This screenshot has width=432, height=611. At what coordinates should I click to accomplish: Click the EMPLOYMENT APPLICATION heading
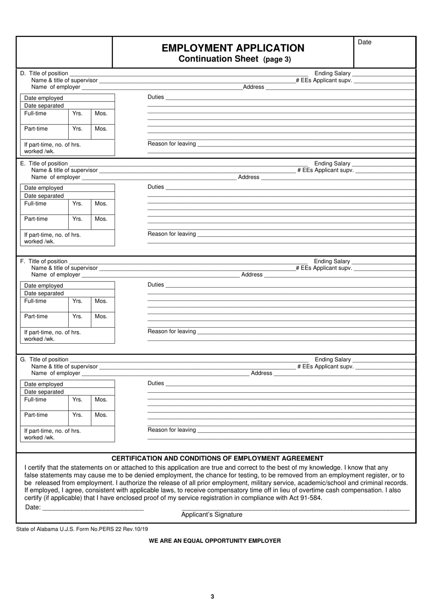tap(233, 48)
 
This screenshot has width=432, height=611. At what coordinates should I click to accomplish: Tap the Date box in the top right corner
tap(385, 52)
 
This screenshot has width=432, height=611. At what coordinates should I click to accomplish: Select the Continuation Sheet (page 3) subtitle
tap(235, 59)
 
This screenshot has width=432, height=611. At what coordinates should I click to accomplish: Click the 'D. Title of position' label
tap(44, 73)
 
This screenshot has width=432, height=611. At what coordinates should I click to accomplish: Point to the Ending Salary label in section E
tap(332, 164)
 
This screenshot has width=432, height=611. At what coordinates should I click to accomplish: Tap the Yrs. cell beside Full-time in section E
tap(78, 204)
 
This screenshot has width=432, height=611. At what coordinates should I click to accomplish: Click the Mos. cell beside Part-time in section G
tap(101, 415)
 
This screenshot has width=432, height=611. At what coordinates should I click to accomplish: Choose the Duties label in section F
tap(156, 285)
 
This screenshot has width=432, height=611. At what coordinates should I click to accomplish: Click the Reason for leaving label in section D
tap(171, 144)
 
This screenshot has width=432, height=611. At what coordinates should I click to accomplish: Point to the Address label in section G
tap(261, 373)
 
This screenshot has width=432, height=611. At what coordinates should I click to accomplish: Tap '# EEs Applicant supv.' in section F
tap(324, 268)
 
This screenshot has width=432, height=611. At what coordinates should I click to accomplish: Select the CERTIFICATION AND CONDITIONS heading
tap(217, 458)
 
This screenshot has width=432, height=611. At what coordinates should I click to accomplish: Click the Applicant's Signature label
tap(211, 515)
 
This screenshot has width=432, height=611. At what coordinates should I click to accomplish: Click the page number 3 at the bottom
tap(212, 597)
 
